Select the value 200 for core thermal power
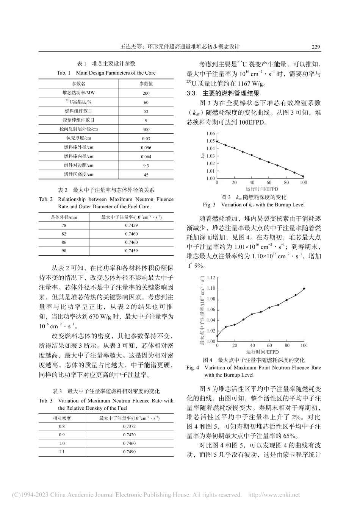pos(146,93)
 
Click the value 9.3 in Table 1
pos(146,166)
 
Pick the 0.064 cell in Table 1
pos(146,156)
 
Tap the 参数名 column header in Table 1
pos(79,84)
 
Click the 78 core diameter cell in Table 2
pos(64,226)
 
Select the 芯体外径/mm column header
pos(64,217)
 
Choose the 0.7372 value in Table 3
pos(129,426)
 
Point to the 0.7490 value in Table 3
pos(129,452)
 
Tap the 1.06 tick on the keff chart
pos(210,134)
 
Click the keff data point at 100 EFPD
pos(303,176)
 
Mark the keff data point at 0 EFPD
pos(217,142)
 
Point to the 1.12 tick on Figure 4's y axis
pos(211,278)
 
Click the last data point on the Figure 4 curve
pos(304,289)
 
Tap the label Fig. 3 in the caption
pos(209,205)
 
